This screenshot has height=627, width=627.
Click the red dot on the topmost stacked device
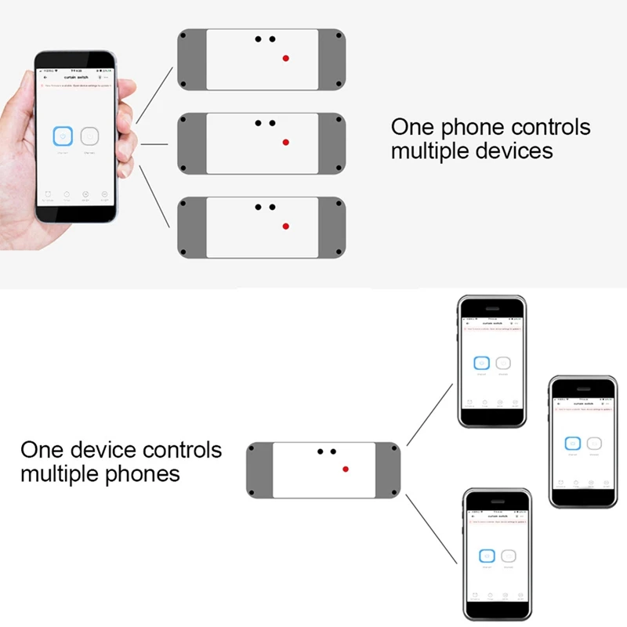pyautogui.click(x=286, y=58)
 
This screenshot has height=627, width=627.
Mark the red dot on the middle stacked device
pyautogui.click(x=286, y=143)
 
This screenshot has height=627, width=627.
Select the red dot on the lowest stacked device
pyautogui.click(x=286, y=227)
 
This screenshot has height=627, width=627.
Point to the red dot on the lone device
pyautogui.click(x=346, y=469)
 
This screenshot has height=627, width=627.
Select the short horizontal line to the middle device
pyautogui.click(x=155, y=144)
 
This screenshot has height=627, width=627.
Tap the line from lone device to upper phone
pyautogui.click(x=429, y=414)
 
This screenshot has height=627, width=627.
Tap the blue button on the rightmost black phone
pyautogui.click(x=573, y=443)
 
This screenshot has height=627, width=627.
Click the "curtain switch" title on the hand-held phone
pyautogui.click(x=79, y=78)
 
